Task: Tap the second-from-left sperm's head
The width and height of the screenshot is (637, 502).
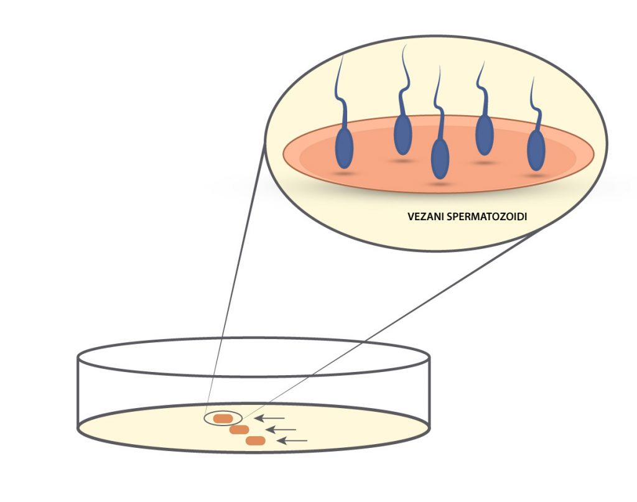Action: click(403, 134)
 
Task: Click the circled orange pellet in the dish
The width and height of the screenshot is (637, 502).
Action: click(223, 419)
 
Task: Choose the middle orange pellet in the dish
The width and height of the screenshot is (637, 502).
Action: click(239, 430)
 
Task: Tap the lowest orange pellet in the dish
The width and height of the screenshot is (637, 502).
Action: click(256, 441)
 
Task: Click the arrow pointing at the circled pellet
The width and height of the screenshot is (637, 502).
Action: click(270, 418)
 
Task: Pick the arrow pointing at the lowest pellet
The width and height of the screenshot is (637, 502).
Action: click(292, 440)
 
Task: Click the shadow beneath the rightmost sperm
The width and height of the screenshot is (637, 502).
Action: click(534, 175)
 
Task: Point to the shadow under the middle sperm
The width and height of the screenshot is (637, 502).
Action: click(439, 184)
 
